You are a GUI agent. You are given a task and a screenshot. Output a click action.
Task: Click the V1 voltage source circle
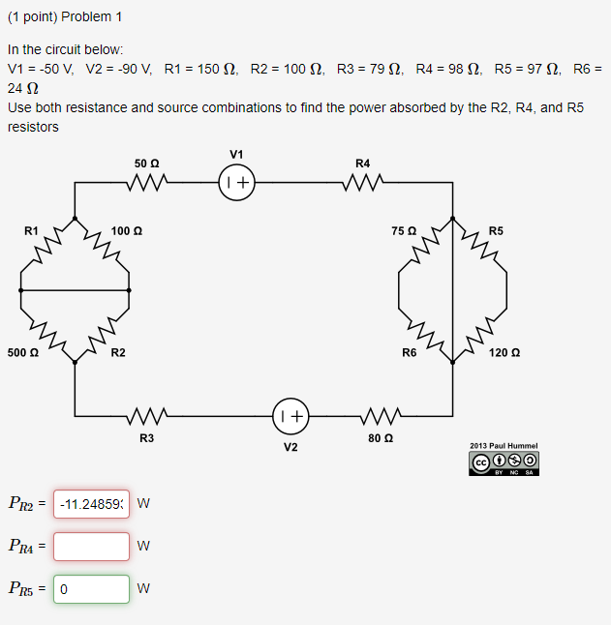[237, 182]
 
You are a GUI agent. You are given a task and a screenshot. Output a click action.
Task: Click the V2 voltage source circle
[290, 417]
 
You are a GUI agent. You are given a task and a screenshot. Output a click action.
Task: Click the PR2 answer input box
[91, 503]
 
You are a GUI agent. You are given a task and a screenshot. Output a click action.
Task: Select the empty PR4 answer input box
[91, 546]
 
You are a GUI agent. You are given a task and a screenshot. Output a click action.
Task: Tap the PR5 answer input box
[91, 588]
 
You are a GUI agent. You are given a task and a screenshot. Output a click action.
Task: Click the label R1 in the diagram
[32, 230]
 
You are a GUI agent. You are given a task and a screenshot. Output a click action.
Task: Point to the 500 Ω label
[22, 353]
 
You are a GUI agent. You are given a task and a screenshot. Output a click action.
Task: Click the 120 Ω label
[504, 353]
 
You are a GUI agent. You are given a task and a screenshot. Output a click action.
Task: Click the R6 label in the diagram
[410, 353]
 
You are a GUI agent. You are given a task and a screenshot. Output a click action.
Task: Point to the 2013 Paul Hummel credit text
[504, 446]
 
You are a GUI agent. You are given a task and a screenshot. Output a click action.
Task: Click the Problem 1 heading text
[65, 17]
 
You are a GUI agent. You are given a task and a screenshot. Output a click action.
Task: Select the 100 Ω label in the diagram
[127, 230]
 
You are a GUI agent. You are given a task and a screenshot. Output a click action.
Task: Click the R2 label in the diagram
[117, 353]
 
